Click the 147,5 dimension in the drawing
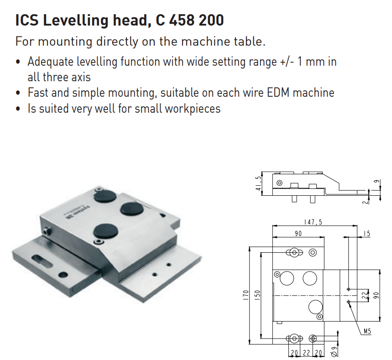[x=313, y=222]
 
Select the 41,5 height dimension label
[x=258, y=183]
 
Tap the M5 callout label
[x=367, y=332]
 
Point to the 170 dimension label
[x=246, y=295]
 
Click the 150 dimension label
[x=257, y=295]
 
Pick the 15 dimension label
[x=366, y=234]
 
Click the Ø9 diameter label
[x=334, y=352]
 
